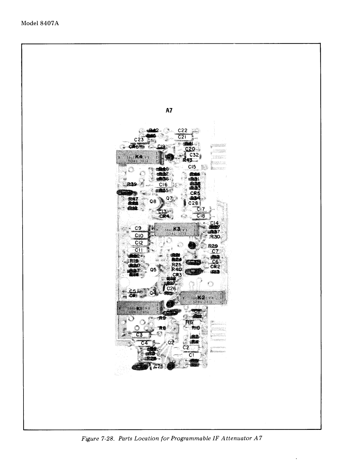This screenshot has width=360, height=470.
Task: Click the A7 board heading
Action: [169, 111]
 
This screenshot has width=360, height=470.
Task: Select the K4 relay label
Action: [139, 157]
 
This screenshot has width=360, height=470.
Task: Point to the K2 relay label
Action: [201, 297]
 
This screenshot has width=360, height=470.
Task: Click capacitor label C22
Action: [183, 131]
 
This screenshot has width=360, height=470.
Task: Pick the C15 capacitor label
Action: [192, 167]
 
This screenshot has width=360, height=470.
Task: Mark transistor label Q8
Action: [153, 201]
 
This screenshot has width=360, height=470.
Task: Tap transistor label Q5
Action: [153, 270]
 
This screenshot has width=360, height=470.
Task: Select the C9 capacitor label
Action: [138, 228]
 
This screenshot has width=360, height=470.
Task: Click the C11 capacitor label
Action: [139, 250]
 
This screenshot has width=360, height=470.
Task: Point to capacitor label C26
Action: [172, 288]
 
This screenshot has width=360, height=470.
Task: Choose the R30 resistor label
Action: [215, 237]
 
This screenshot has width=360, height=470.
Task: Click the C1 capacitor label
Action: [191, 355]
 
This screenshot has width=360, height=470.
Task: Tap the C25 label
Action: [159, 367]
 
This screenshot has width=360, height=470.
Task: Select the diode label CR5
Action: [195, 193]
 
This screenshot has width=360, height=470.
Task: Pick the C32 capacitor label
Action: [194, 155]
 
